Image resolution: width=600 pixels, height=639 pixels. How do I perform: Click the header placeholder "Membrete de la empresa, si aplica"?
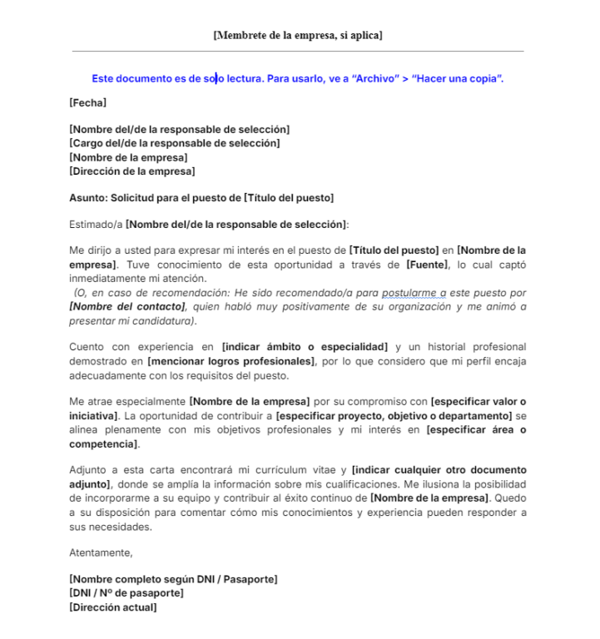[297, 35]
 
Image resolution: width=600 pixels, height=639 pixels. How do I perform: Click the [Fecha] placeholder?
[87, 103]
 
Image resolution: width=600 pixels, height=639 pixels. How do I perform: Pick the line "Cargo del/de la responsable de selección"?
[175, 143]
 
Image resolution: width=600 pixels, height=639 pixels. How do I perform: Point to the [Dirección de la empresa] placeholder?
[132, 171]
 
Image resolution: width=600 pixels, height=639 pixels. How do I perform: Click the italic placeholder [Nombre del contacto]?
[127, 306]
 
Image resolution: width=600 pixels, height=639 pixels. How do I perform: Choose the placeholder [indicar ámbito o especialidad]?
[305, 346]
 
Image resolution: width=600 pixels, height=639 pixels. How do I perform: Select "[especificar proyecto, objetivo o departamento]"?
[394, 414]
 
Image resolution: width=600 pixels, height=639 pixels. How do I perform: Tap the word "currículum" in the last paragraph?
[274, 470]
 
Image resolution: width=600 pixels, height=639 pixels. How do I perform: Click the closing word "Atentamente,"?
[101, 552]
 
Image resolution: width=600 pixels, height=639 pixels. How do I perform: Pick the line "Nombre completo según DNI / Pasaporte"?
[173, 578]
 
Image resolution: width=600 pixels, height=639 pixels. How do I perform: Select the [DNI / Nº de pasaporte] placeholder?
[126, 592]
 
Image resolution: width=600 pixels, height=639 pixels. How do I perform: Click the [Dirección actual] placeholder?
[112, 607]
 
